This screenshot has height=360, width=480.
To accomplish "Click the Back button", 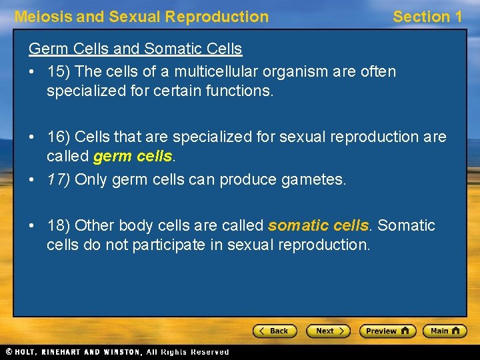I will tap(274, 331).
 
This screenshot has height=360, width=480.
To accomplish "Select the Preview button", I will tap(387, 331).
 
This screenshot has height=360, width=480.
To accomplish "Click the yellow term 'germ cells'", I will tap(133, 157).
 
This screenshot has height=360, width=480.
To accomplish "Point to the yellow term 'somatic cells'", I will tap(318, 226).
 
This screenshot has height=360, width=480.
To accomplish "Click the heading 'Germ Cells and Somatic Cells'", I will tap(135, 49).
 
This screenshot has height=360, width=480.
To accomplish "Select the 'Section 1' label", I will tap(427, 17).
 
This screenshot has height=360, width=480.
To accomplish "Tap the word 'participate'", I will tap(169, 245).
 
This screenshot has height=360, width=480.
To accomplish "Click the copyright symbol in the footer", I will tap(9, 352).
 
